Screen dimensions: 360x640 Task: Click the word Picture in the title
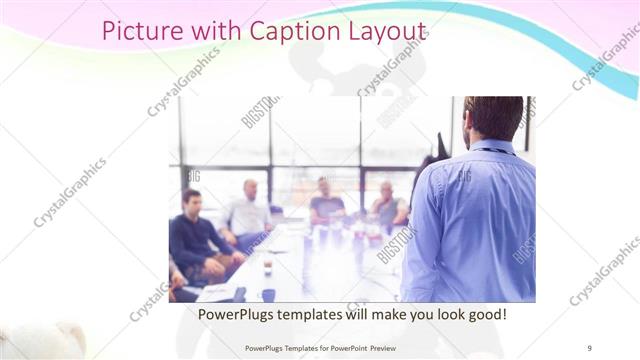point(142,32)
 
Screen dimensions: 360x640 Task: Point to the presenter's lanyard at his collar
point(492,150)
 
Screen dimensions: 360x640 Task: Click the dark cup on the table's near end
point(268,294)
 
